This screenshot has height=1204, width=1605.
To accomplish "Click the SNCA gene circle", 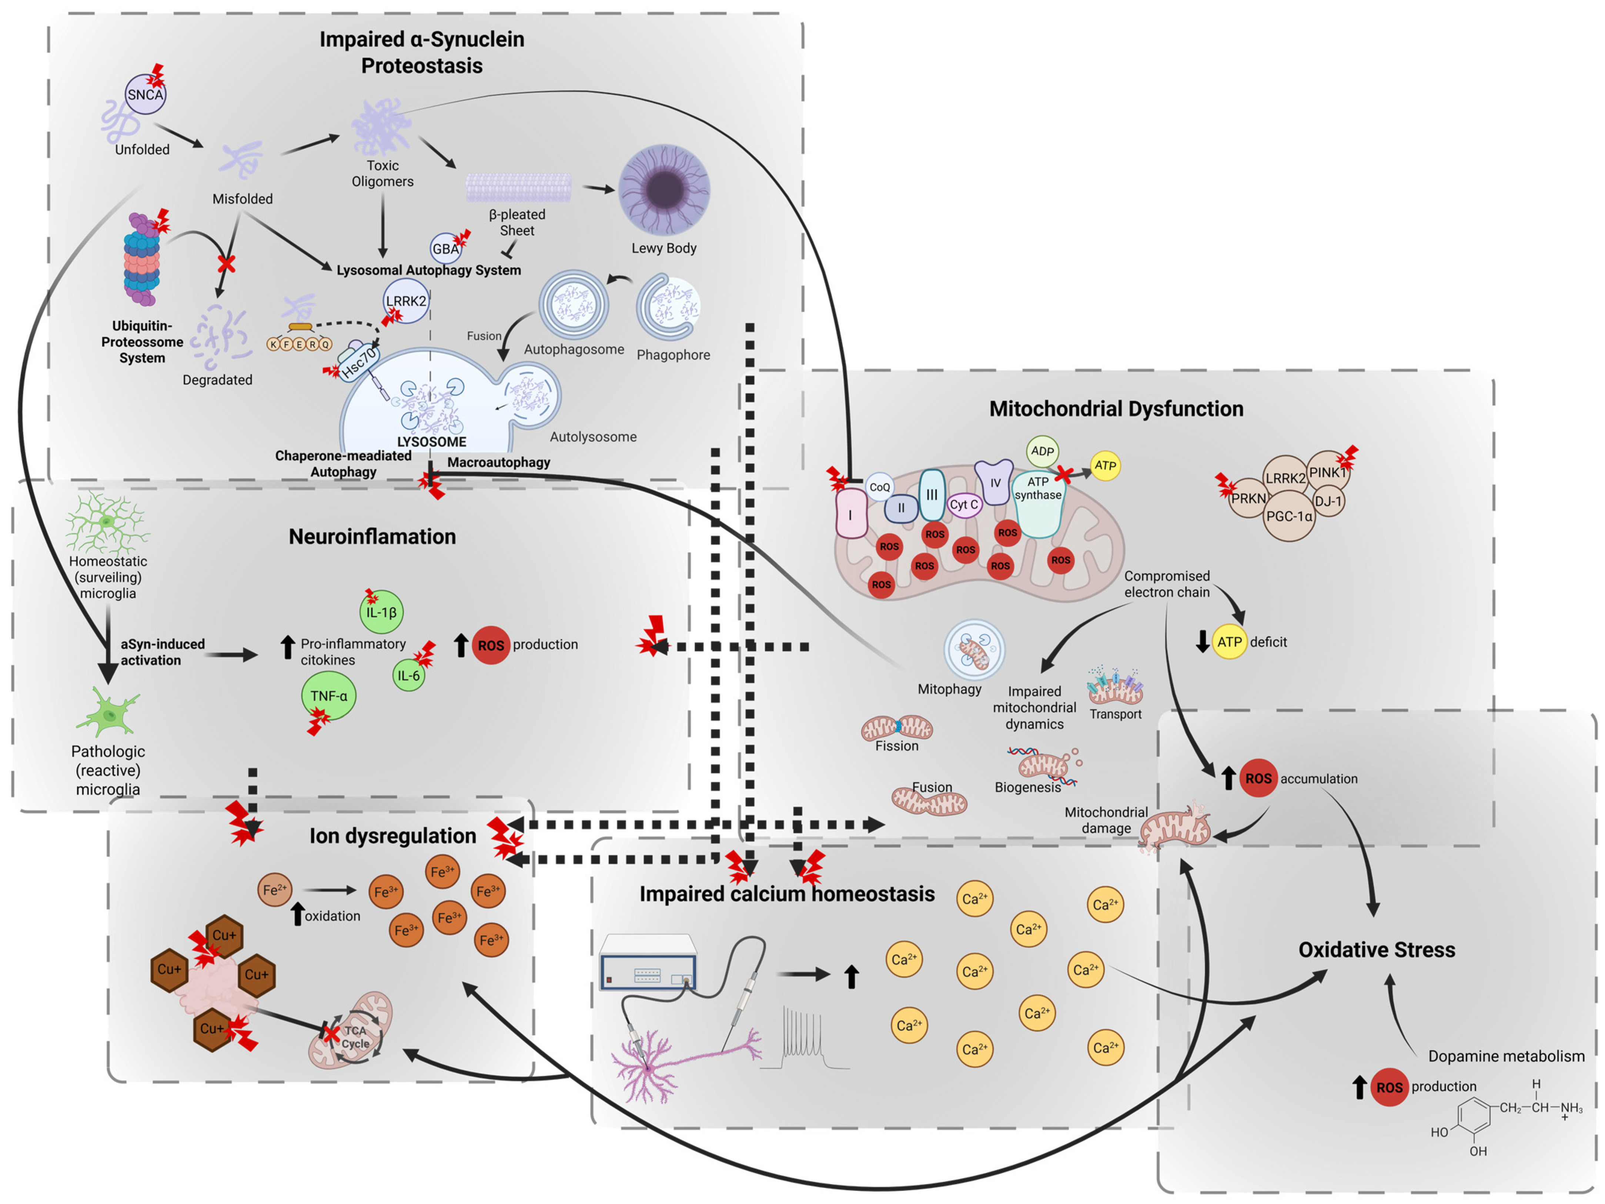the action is click(x=145, y=94).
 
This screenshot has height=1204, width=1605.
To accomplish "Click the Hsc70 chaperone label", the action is click(x=359, y=361).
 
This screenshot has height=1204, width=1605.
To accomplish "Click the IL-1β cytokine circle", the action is click(x=382, y=612).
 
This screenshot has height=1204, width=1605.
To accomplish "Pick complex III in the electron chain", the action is click(x=932, y=495).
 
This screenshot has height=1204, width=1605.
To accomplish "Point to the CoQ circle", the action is click(x=879, y=487).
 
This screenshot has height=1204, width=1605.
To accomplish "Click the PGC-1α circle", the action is click(x=1289, y=516).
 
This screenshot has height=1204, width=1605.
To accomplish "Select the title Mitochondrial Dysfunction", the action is click(x=1116, y=408).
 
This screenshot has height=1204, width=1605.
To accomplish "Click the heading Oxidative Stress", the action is click(x=1377, y=950).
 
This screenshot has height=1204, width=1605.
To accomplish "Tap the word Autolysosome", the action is click(x=593, y=437).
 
